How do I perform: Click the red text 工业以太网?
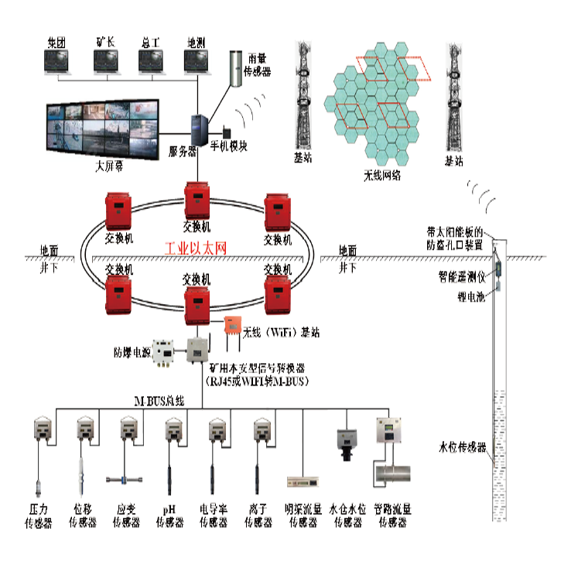click(x=197, y=249)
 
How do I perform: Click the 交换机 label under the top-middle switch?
click(x=196, y=228)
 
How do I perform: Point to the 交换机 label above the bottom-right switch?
click(x=277, y=269)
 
